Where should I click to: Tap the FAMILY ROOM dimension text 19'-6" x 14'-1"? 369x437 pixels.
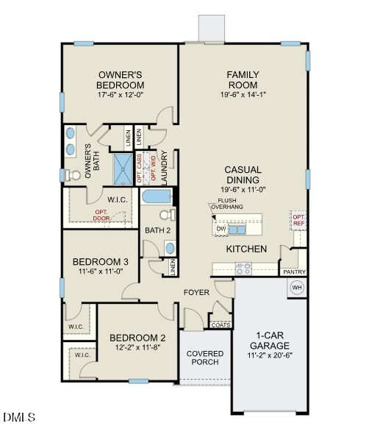click(242, 94)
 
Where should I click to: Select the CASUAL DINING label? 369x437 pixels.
click(243, 174)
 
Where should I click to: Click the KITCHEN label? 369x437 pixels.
click(246, 249)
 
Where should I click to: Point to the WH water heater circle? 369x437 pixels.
click(297, 288)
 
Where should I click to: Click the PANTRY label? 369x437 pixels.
click(294, 271)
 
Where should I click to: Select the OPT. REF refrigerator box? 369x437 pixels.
click(298, 220)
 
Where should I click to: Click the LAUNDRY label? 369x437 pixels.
click(165, 168)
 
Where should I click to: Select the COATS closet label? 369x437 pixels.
click(220, 324)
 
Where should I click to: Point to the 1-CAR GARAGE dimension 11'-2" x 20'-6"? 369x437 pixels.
click(268, 357)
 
